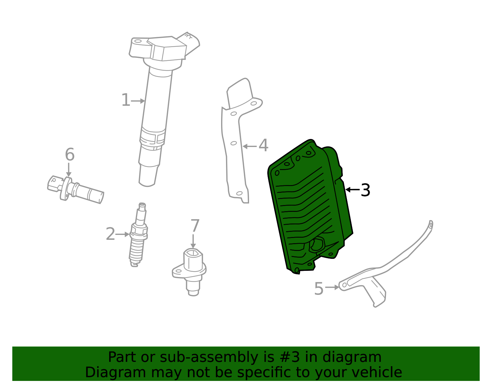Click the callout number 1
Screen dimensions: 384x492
click(x=125, y=100)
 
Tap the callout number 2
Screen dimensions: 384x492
click(x=110, y=234)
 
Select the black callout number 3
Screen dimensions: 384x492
click(x=365, y=190)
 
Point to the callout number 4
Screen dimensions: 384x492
click(x=263, y=145)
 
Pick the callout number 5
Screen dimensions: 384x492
click(x=319, y=289)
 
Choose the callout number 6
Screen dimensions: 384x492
click(x=69, y=155)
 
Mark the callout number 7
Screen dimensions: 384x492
click(x=195, y=226)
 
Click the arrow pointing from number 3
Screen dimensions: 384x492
click(x=352, y=190)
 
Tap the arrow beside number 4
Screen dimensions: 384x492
click(x=249, y=146)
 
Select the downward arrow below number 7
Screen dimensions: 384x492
click(x=193, y=241)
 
